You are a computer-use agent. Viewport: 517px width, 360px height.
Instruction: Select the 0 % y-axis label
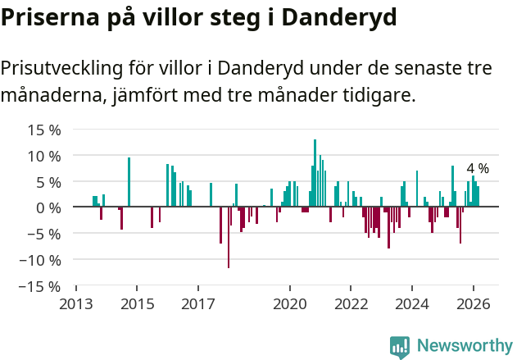(48, 207)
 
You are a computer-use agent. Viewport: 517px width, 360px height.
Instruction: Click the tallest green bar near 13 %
(315, 172)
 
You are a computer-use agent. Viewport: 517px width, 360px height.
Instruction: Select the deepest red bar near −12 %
(229, 238)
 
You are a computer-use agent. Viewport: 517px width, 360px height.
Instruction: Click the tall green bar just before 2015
(129, 182)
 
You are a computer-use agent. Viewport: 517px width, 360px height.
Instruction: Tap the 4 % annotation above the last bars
(478, 168)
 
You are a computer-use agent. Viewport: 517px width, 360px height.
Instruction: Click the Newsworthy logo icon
(400, 347)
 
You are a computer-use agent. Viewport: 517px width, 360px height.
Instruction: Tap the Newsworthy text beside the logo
(464, 347)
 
